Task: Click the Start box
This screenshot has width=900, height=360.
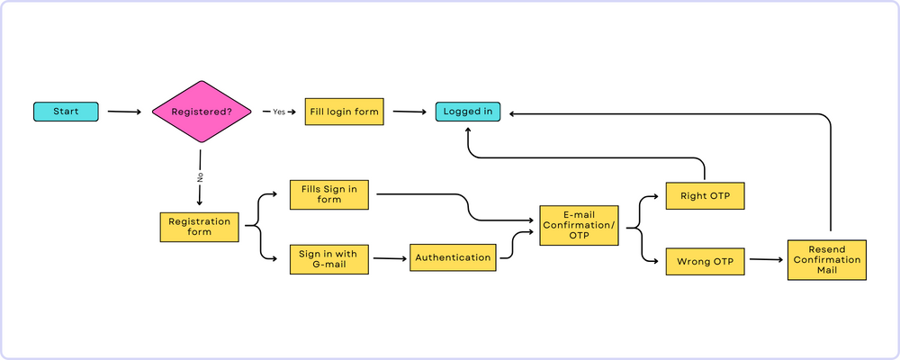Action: (66, 112)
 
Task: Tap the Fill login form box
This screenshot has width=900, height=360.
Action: (344, 112)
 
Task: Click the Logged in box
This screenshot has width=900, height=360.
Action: (468, 112)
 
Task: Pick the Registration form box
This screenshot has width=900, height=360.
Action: (199, 227)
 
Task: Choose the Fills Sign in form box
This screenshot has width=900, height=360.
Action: (328, 194)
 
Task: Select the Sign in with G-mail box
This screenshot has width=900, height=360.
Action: (328, 259)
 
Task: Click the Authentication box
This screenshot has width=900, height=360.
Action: (454, 257)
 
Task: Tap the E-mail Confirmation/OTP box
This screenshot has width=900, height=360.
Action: (580, 226)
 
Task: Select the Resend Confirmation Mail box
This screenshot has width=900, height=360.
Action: (826, 260)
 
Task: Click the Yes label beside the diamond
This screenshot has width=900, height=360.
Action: (279, 112)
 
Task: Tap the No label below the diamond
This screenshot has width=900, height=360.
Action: (199, 176)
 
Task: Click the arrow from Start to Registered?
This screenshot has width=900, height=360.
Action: (124, 112)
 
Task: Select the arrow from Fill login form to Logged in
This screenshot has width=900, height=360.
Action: (409, 112)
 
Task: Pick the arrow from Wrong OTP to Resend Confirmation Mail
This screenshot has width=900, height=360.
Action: (765, 260)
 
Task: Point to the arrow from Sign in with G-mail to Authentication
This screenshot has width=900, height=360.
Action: (389, 259)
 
